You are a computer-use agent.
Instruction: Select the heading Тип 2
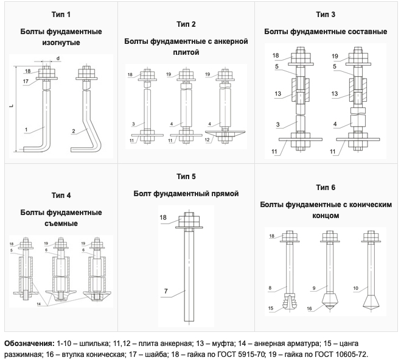186,25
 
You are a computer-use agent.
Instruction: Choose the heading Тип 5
186,177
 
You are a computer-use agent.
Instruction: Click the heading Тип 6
326,187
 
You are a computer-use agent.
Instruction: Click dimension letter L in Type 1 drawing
12,106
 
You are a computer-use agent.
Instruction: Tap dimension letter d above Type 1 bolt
58,58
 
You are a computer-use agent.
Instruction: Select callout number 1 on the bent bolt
27,129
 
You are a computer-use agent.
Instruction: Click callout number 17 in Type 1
26,81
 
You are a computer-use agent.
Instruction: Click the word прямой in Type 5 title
223,194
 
